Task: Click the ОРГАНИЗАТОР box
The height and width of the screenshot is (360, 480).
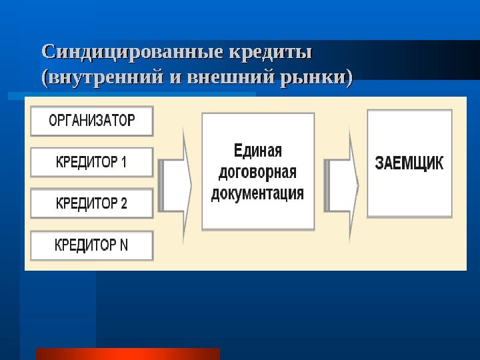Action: (91, 121)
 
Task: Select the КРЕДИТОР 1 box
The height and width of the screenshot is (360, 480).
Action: (91, 162)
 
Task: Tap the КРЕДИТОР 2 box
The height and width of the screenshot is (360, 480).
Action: (91, 203)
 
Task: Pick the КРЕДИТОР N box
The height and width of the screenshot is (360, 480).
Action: (91, 245)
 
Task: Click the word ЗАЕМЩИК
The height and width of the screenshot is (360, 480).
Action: (409, 164)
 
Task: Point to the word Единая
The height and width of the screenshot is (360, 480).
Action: (258, 149)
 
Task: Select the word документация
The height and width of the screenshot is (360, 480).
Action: (257, 193)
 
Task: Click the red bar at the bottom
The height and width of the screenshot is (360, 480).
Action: (127, 353)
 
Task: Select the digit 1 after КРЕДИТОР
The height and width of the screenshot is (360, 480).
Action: (123, 162)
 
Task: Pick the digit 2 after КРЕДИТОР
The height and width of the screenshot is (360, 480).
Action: (123, 203)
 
